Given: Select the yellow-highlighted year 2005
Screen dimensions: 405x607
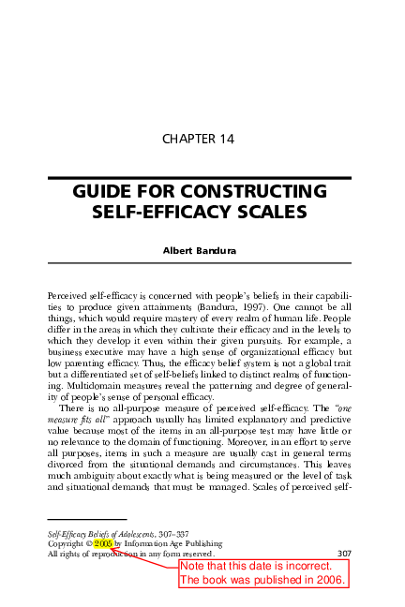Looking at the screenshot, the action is click(x=103, y=542).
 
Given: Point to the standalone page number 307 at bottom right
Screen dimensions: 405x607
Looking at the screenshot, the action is click(x=343, y=553).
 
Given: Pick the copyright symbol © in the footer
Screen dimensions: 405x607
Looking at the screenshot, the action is click(x=89, y=543).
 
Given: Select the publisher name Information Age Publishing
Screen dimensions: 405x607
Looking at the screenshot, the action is click(x=172, y=543).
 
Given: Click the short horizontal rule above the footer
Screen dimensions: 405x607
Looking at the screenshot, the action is click(x=86, y=519).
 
